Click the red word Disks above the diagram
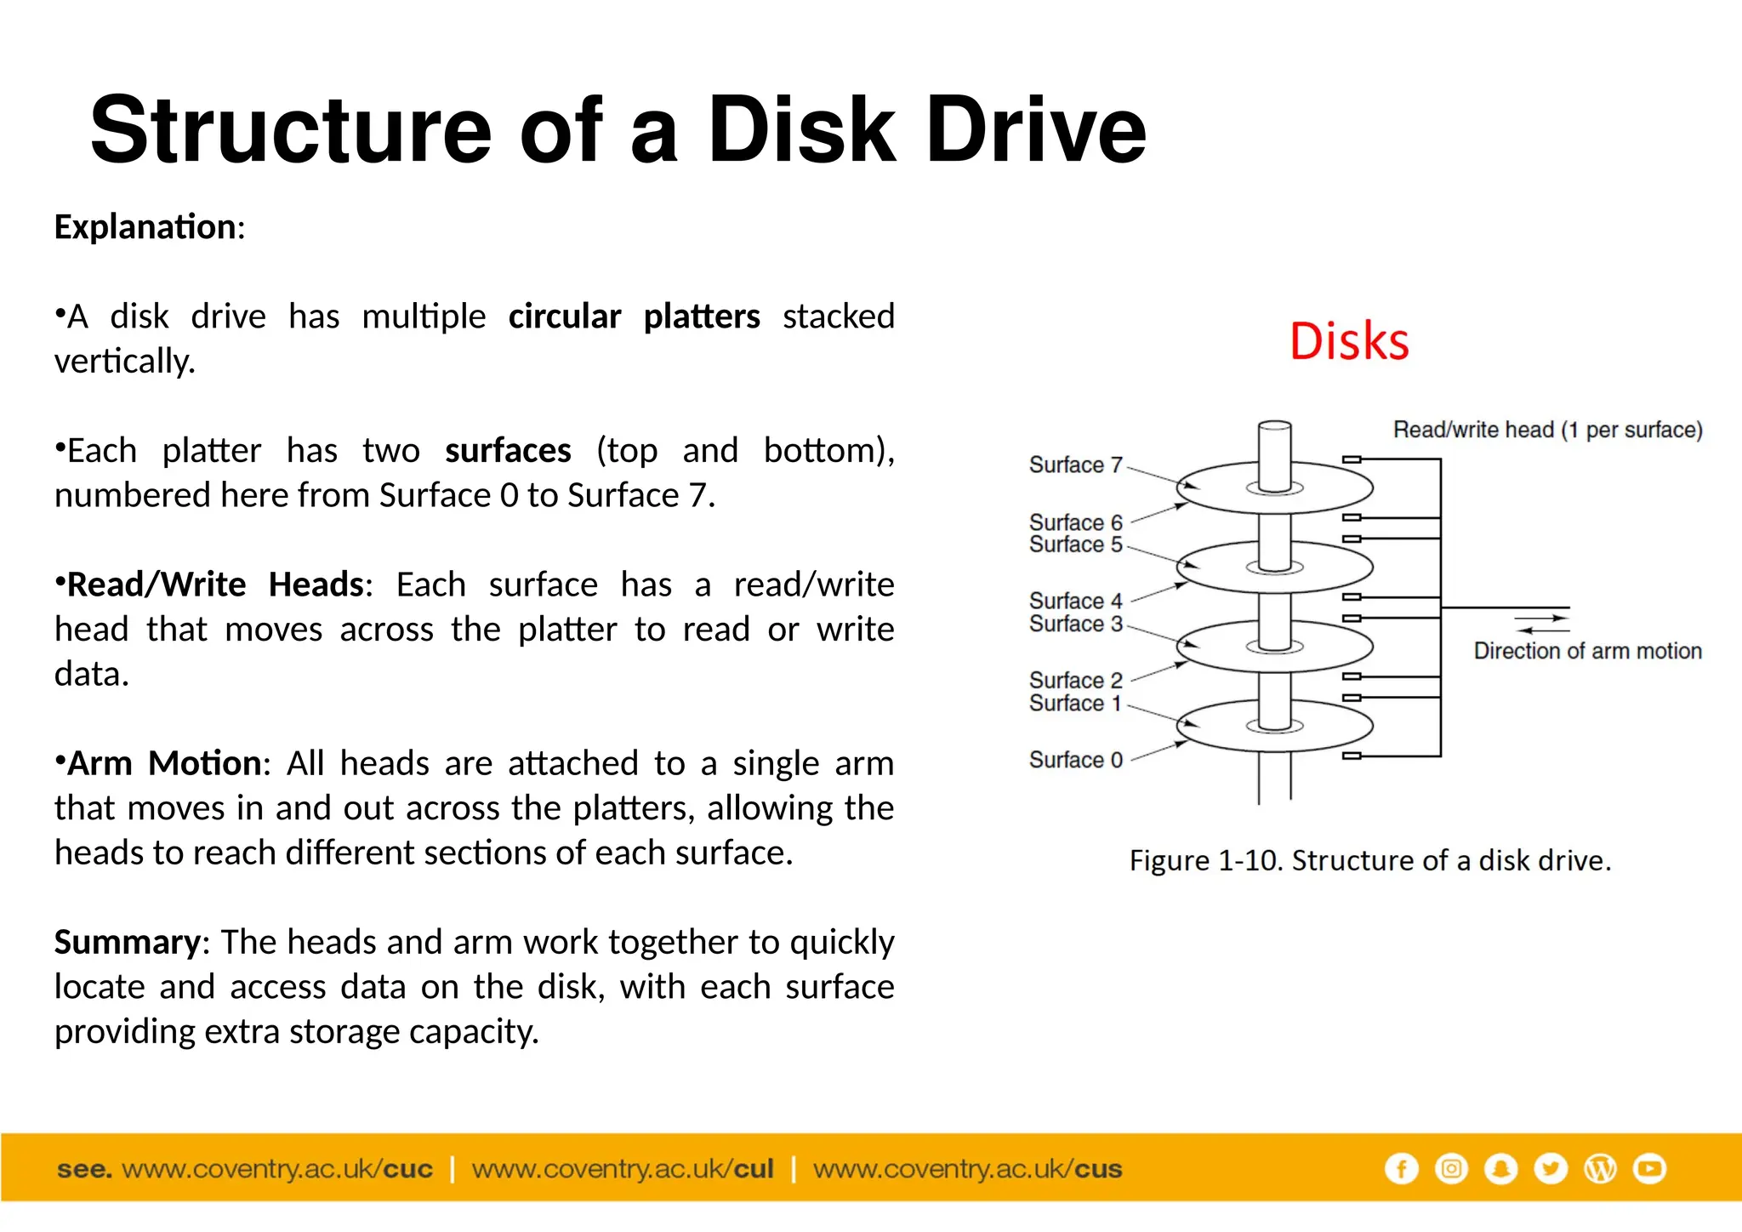click(x=1349, y=342)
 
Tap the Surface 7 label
click(x=1075, y=465)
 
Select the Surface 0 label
click(x=1075, y=760)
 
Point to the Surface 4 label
click(x=1075, y=602)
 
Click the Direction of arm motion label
click(x=1587, y=651)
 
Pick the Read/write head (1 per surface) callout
click(x=1547, y=431)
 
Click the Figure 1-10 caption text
click(x=1369, y=861)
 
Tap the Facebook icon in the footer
click(x=1401, y=1168)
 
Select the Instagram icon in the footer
click(x=1451, y=1168)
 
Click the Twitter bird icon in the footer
click(x=1551, y=1168)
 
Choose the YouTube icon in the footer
click(x=1650, y=1168)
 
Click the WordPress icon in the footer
click(x=1600, y=1168)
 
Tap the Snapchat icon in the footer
click(x=1501, y=1168)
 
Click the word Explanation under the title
click(x=145, y=227)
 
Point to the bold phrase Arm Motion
click(x=164, y=763)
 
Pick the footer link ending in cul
click(x=623, y=1169)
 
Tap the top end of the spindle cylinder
click(x=1274, y=426)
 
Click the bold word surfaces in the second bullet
click(x=508, y=451)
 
